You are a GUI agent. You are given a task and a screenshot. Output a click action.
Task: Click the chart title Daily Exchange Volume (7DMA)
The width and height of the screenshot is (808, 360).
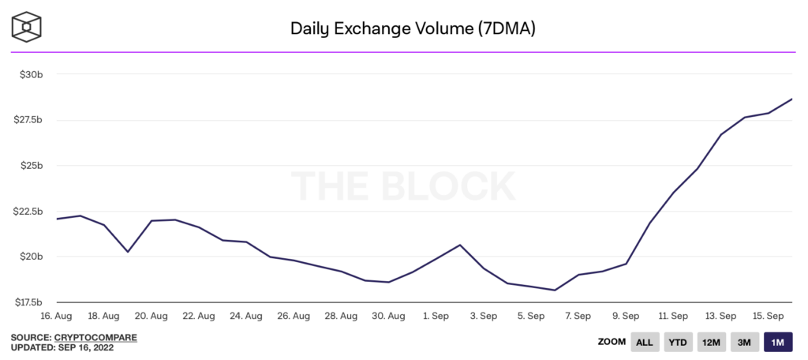tap(413, 29)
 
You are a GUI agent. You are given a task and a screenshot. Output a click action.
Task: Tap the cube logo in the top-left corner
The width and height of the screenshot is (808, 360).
tap(27, 27)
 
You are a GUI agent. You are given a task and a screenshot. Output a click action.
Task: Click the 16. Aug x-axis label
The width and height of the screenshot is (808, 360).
tap(56, 316)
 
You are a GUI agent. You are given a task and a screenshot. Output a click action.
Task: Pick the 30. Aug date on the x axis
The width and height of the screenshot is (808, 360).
tap(388, 316)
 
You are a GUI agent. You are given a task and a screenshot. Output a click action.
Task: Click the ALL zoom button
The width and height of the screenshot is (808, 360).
tap(644, 342)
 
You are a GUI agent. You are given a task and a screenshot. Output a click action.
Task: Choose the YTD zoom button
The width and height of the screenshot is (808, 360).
tap(678, 342)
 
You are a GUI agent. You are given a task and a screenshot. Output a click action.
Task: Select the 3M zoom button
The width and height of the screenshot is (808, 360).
tap(744, 342)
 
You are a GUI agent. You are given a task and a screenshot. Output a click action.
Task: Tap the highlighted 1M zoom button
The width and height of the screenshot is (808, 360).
tap(777, 342)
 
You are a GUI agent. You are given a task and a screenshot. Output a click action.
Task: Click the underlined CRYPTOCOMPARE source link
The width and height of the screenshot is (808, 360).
tap(95, 338)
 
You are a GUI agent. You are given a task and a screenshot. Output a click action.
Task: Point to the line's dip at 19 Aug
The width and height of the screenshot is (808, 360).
tap(128, 252)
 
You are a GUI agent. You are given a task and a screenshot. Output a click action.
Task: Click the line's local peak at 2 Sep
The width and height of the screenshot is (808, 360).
tap(460, 245)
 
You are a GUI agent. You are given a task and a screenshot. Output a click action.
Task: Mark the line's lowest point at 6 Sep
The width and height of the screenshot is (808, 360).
tap(555, 291)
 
